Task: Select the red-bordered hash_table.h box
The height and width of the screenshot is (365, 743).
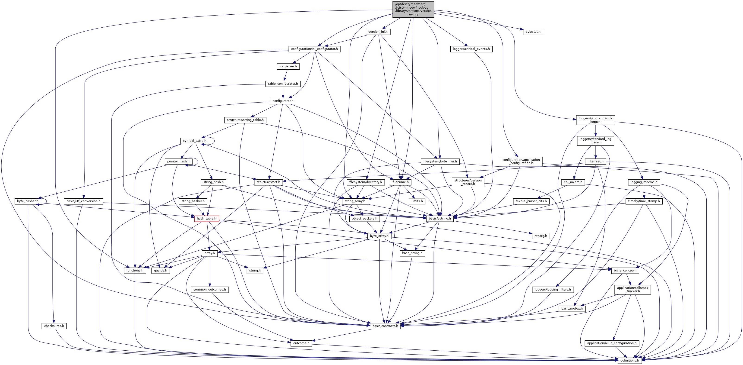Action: click(206, 219)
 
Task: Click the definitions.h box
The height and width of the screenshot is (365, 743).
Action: click(630, 360)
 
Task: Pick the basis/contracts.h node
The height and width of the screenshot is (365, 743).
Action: click(385, 326)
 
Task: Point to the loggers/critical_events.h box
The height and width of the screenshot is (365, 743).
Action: click(471, 49)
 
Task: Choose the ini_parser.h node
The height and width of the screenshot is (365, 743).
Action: click(288, 66)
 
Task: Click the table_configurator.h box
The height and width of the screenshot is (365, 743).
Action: click(283, 84)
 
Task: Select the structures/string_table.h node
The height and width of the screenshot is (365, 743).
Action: click(245, 120)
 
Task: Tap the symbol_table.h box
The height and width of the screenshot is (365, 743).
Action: click(194, 141)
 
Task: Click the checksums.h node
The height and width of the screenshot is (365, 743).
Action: click(54, 326)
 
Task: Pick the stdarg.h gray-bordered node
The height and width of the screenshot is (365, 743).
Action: click(541, 236)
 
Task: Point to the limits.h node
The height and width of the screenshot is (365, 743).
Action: click(417, 201)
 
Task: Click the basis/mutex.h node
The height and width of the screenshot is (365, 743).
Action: click(572, 309)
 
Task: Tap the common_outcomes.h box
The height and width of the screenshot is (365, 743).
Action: click(210, 290)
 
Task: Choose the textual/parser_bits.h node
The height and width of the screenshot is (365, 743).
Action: click(531, 201)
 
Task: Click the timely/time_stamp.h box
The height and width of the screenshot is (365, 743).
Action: click(644, 201)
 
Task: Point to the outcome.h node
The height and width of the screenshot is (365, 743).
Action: click(301, 343)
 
